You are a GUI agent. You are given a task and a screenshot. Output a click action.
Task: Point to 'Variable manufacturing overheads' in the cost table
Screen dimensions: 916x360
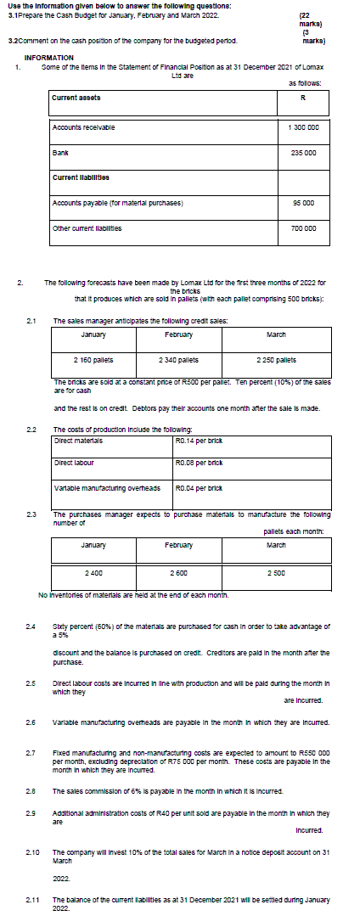(96, 489)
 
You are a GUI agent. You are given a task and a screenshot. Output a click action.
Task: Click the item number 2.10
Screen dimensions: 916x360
(33, 851)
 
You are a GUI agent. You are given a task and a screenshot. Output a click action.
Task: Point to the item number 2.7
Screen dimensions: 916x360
(31, 752)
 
